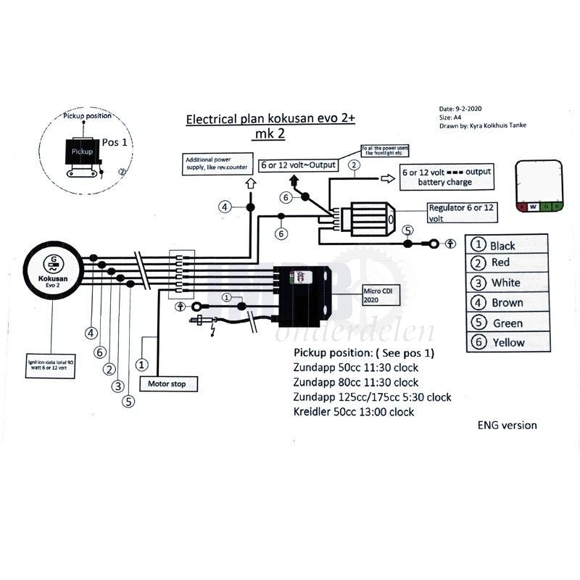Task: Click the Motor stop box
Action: (167, 384)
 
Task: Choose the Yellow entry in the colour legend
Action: (507, 342)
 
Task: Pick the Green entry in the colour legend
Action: (507, 323)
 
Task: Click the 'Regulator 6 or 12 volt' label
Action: (461, 212)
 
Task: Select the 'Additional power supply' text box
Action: (217, 164)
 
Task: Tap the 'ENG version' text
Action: (507, 425)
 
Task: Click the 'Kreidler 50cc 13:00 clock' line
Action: (354, 412)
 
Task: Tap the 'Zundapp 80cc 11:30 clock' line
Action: (356, 382)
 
